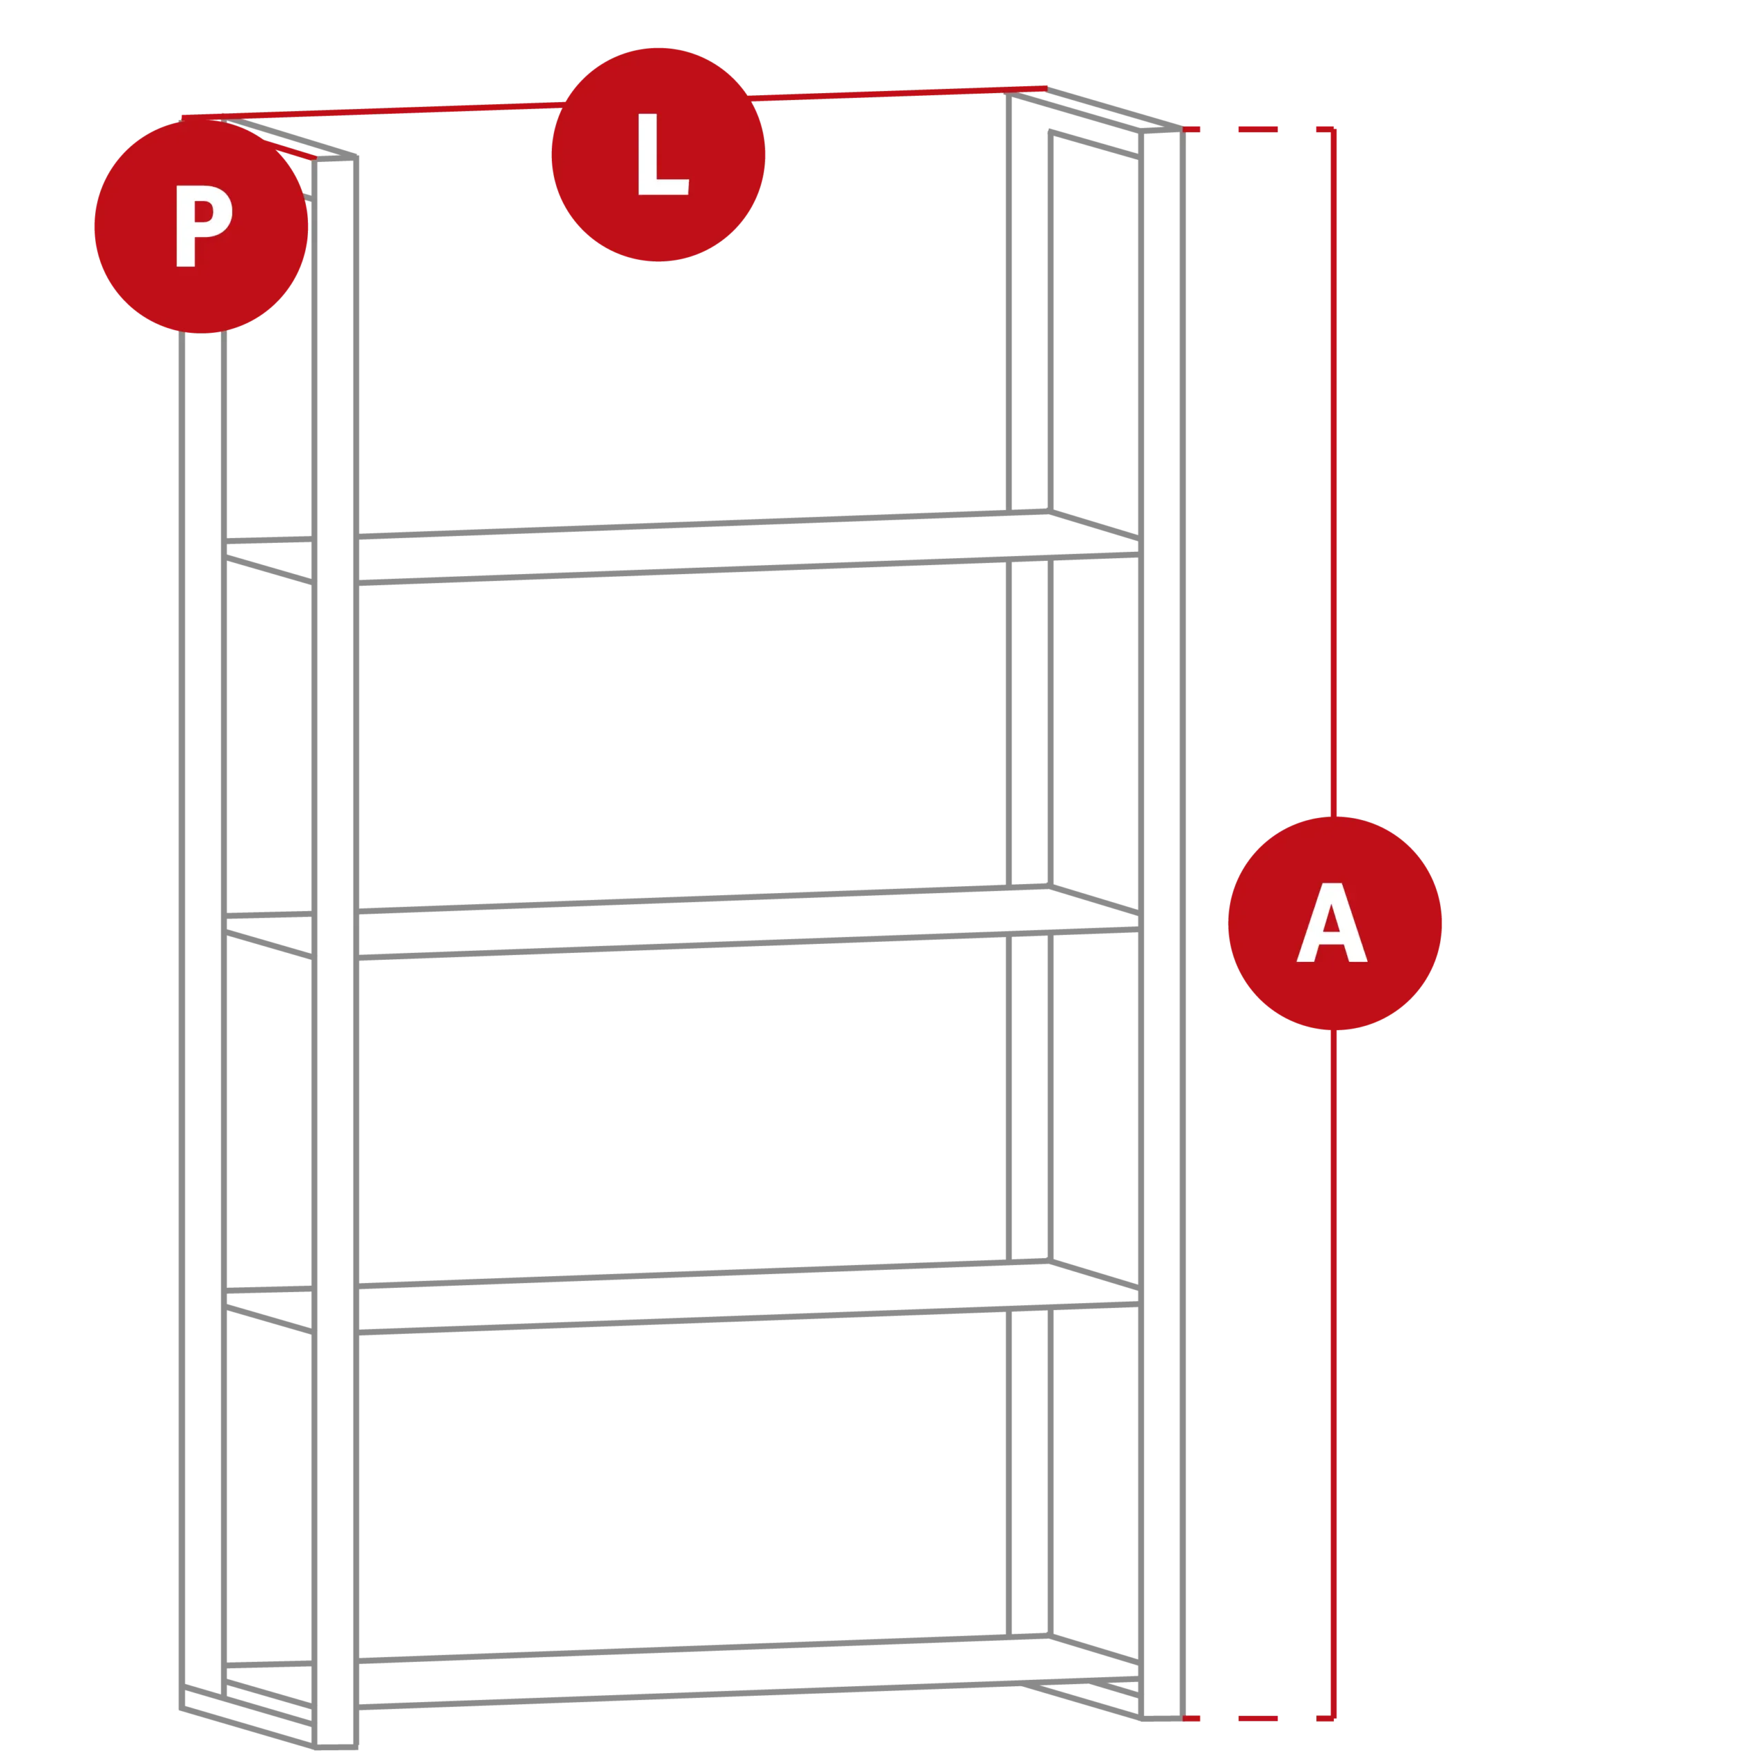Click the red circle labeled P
pos(201,227)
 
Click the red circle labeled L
pos(658,154)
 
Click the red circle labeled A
pos(1335,923)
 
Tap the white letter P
pos(203,225)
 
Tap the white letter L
pos(663,154)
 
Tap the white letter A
pos(1332,922)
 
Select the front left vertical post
pos(335,952)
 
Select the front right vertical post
pos(1161,924)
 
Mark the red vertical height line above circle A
pos(1334,473)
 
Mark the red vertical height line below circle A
pos(1334,1374)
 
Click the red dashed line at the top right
pos(1258,130)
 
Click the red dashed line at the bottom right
pos(1258,1719)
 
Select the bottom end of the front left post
pos(335,1747)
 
